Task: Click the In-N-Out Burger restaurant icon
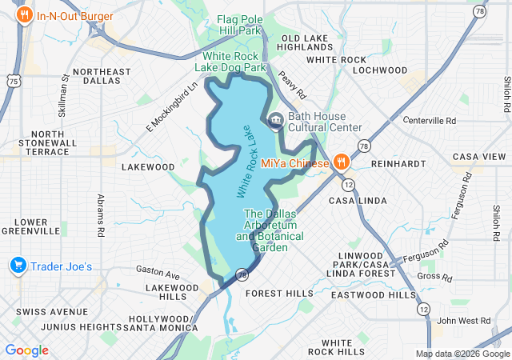26,15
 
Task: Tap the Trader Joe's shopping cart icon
18,266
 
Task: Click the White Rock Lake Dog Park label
234,62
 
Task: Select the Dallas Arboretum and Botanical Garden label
270,230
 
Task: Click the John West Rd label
458,321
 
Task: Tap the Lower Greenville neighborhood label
30,226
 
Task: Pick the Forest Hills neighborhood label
279,294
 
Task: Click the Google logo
26,350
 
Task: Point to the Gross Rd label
434,278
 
